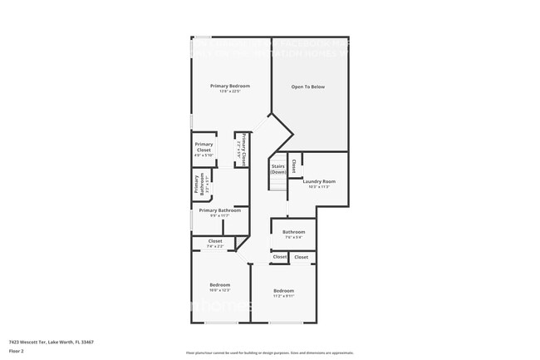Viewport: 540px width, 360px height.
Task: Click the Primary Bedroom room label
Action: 230,86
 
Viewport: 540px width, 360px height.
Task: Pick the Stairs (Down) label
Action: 278,169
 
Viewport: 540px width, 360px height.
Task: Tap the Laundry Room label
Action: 318,181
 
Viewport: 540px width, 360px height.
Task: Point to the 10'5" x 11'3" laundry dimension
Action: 318,187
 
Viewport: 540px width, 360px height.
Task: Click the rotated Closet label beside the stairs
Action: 293,165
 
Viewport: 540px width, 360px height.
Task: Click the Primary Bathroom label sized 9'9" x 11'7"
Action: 219,210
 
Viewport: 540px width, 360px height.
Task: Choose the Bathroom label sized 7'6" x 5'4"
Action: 293,232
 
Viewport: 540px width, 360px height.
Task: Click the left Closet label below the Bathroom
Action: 280,257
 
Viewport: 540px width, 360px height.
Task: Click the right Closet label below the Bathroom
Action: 301,257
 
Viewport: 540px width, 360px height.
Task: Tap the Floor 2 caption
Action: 16,351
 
